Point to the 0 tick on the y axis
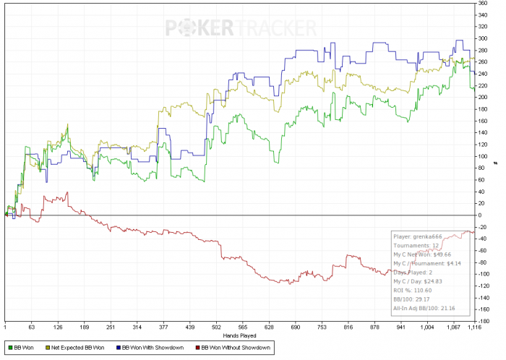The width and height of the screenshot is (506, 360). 479,215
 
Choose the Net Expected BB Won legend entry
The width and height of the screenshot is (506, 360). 74,348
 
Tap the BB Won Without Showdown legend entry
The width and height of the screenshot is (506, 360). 235,348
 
